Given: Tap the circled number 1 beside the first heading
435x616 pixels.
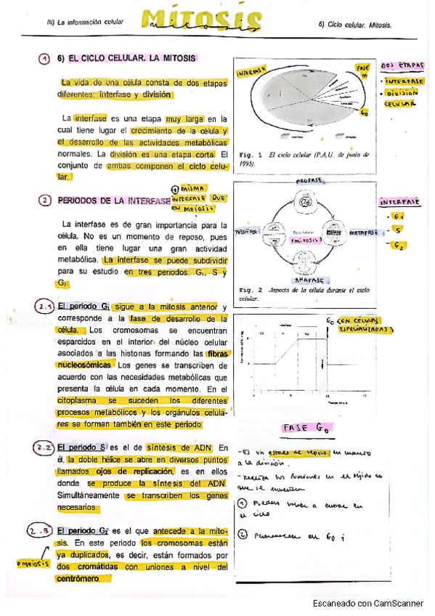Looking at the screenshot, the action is click(x=44, y=59).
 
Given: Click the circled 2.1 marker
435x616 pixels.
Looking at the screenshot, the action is click(x=44, y=308).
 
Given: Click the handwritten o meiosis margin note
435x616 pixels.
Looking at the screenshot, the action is click(x=31, y=563).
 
